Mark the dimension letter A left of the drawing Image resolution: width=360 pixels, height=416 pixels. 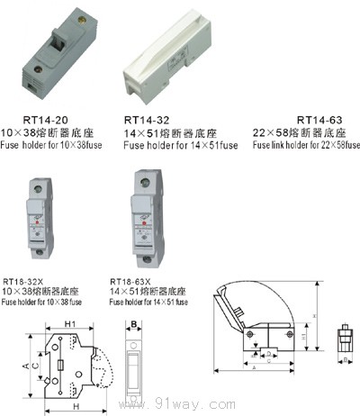click(23, 366)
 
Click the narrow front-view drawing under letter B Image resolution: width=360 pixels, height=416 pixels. click(133, 366)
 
